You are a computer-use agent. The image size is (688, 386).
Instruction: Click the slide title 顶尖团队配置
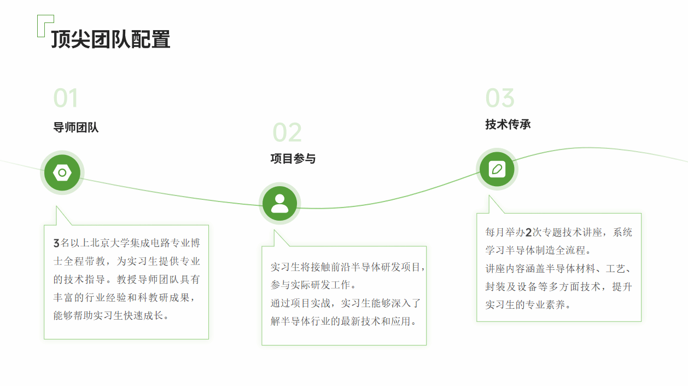[110, 39]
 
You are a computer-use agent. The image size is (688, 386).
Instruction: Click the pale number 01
[66, 98]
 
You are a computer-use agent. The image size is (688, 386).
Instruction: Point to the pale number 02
[287, 132]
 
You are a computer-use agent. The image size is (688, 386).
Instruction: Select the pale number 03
[500, 98]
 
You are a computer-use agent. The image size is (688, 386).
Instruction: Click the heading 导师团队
[76, 128]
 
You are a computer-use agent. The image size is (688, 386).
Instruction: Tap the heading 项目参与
[293, 159]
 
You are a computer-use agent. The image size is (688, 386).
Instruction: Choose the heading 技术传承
[508, 125]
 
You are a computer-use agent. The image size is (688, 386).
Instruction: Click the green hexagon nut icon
[62, 172]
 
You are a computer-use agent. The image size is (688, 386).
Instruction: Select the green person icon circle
[279, 203]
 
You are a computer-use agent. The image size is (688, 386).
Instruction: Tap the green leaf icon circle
[497, 169]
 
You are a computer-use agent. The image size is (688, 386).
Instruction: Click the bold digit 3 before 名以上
[56, 243]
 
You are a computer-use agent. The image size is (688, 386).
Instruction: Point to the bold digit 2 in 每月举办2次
[528, 233]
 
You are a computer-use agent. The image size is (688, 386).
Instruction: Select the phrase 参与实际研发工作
[310, 285]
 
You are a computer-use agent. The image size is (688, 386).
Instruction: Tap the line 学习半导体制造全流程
[535, 250]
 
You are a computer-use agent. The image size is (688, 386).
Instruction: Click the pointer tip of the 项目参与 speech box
[275, 230]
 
